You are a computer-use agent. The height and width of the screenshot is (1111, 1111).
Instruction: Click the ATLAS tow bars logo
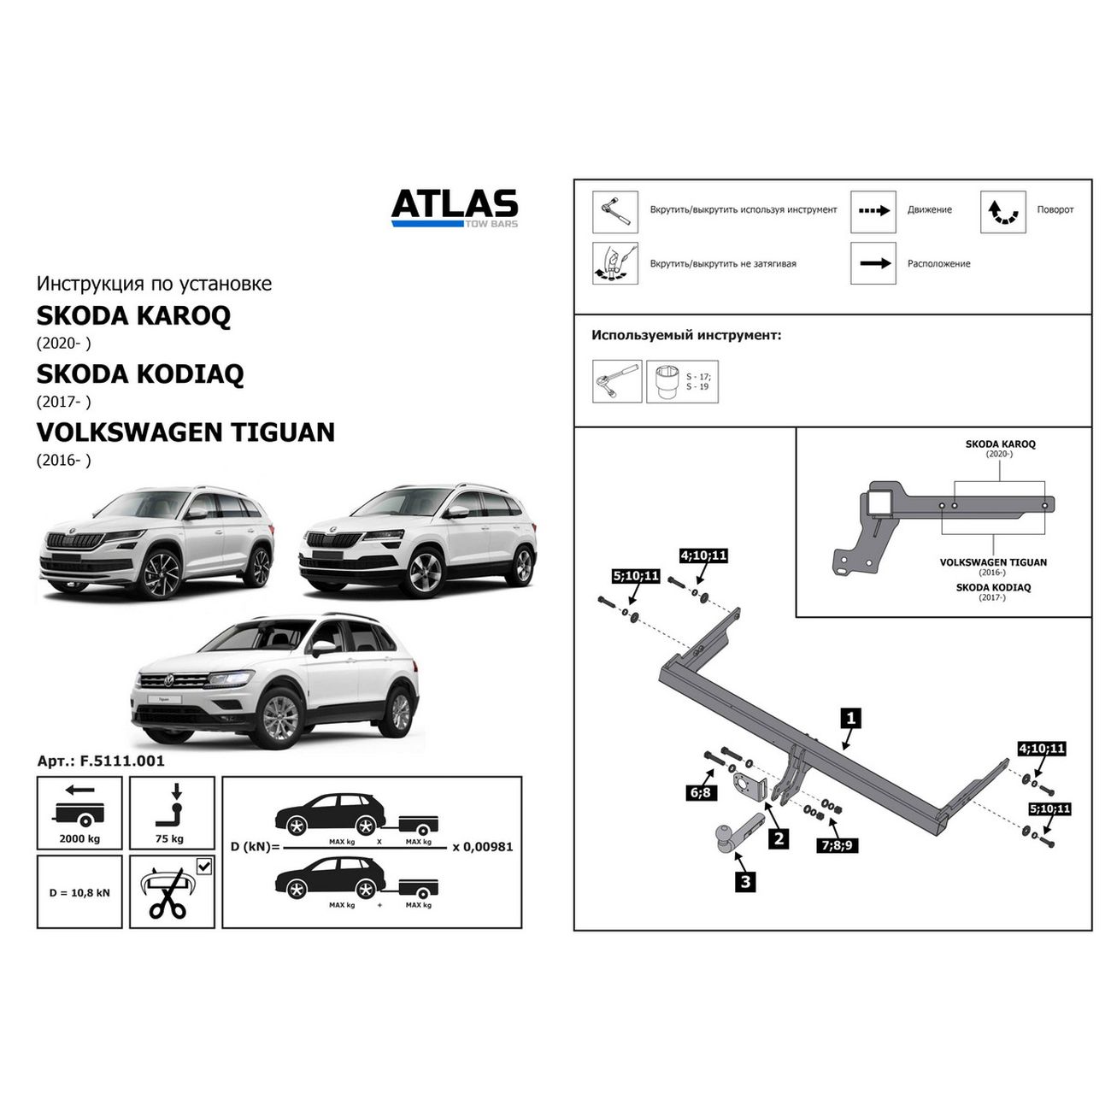tap(455, 208)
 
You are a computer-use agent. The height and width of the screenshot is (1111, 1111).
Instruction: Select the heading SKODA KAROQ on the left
tap(133, 315)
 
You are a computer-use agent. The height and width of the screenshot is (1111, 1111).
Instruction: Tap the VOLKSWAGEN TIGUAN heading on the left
tap(185, 432)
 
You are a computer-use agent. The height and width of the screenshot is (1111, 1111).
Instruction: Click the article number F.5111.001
tap(101, 760)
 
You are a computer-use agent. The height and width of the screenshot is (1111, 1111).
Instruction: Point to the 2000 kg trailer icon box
tap(79, 813)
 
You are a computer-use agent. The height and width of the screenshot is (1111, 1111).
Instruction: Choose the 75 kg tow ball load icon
tap(171, 813)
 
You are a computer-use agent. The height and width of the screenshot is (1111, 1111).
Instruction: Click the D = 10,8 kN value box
tap(79, 892)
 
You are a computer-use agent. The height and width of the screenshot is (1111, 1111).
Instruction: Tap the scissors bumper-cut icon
tap(171, 892)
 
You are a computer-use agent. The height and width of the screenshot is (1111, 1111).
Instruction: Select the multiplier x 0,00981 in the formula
tap(482, 846)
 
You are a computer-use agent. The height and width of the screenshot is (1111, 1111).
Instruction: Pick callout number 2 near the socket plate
tap(779, 839)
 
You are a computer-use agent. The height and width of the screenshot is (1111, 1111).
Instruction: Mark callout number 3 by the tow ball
tap(746, 881)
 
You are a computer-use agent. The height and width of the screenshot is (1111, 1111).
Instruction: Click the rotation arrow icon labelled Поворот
tap(1002, 212)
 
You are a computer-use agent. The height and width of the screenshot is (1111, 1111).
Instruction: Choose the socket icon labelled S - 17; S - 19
tap(682, 381)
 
